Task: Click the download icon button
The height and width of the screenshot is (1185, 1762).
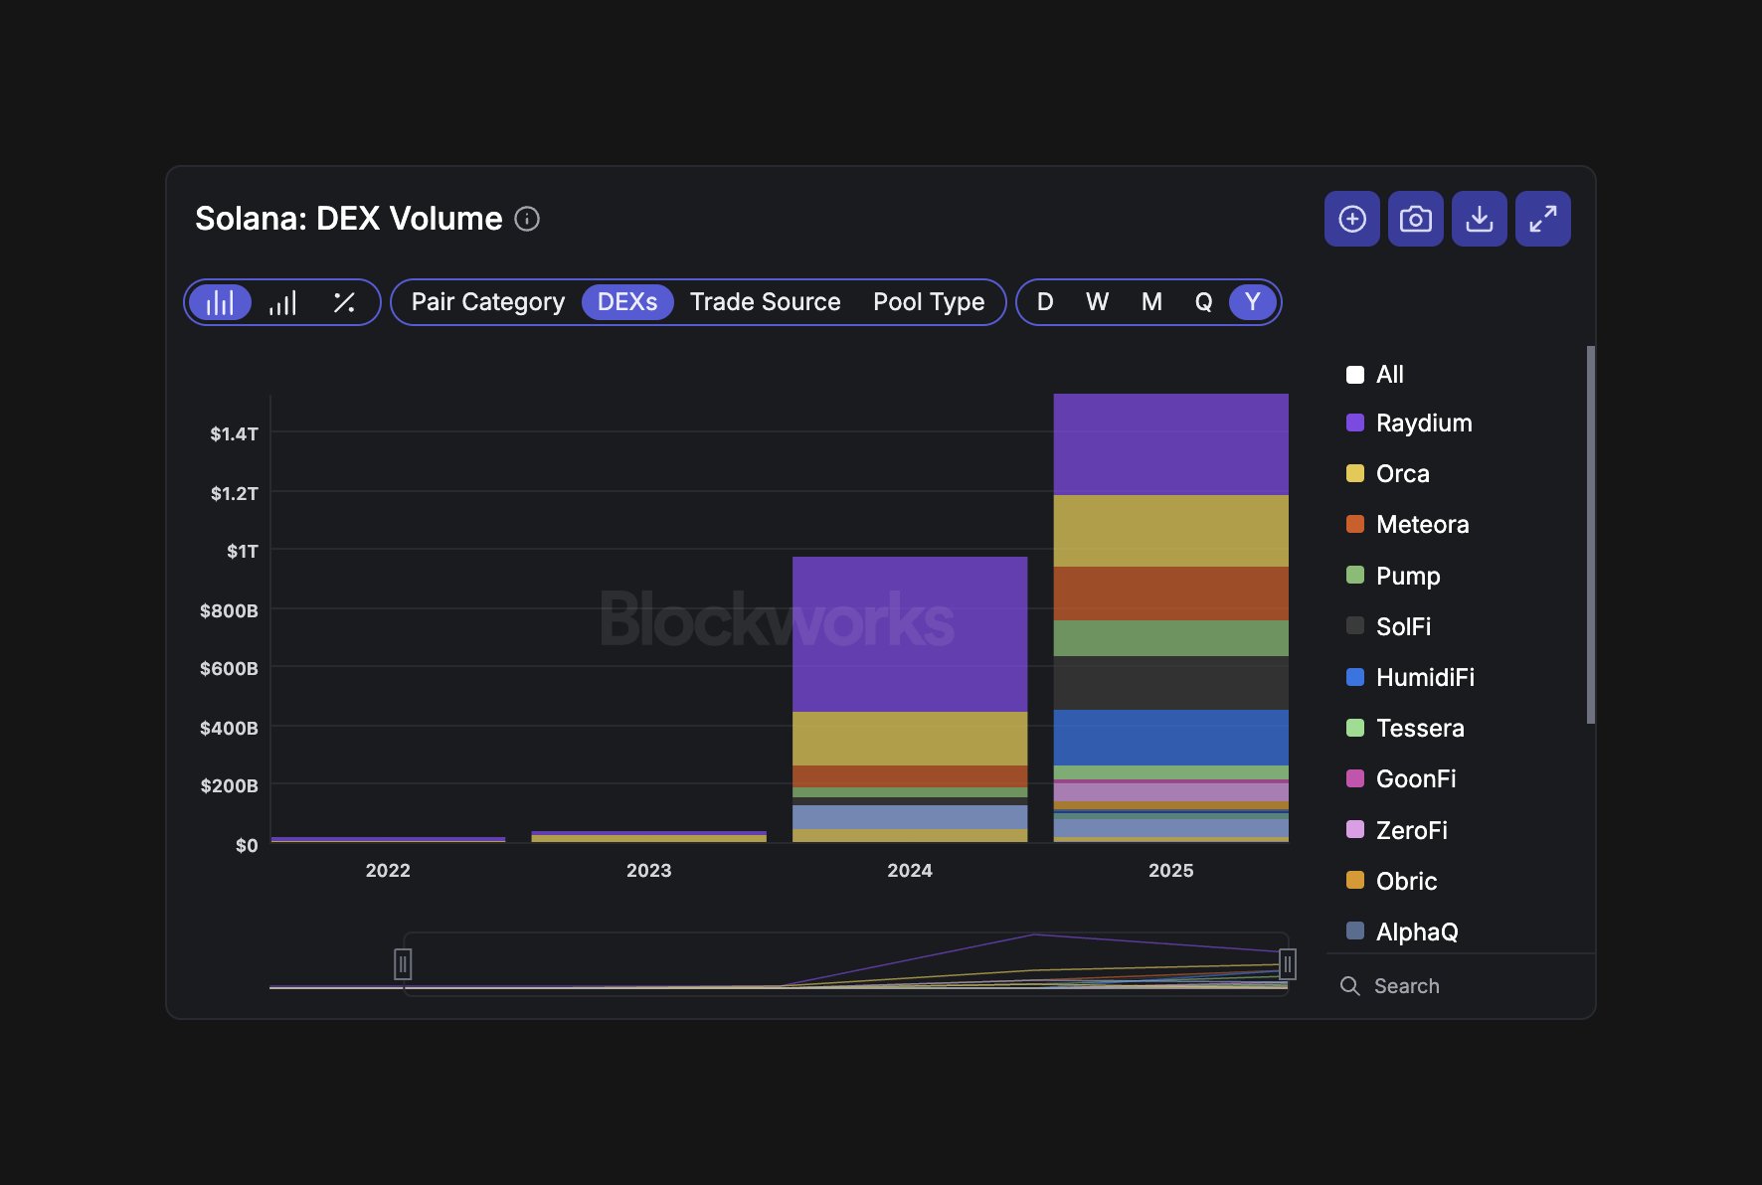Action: tap(1479, 219)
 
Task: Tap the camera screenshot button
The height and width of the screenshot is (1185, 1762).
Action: tap(1415, 219)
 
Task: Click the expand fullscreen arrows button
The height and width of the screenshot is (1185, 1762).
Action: tap(1542, 219)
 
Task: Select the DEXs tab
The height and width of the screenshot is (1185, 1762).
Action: tap(626, 302)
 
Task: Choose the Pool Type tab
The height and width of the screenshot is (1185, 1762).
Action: tap(928, 302)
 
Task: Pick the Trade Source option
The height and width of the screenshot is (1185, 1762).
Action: tap(765, 302)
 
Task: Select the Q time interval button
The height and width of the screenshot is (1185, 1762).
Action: tap(1203, 302)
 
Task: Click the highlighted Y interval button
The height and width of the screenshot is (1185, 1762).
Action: tap(1252, 302)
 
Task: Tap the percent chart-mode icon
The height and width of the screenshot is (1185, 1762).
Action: tap(344, 302)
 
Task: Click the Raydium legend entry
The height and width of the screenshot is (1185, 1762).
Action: tap(1423, 423)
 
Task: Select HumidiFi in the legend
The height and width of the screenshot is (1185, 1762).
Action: tap(1424, 678)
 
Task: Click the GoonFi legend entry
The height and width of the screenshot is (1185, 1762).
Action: tap(1415, 779)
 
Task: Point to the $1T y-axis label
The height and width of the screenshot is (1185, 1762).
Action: tap(242, 552)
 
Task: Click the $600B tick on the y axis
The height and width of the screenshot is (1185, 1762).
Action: tap(229, 669)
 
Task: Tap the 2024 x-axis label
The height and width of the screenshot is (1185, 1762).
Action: tap(909, 871)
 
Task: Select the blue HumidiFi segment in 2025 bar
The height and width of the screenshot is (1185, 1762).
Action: tap(1170, 738)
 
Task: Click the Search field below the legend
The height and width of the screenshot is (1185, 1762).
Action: tap(1452, 986)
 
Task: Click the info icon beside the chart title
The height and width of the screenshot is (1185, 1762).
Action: tap(527, 219)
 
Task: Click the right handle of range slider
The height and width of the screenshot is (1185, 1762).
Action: tap(1287, 963)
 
